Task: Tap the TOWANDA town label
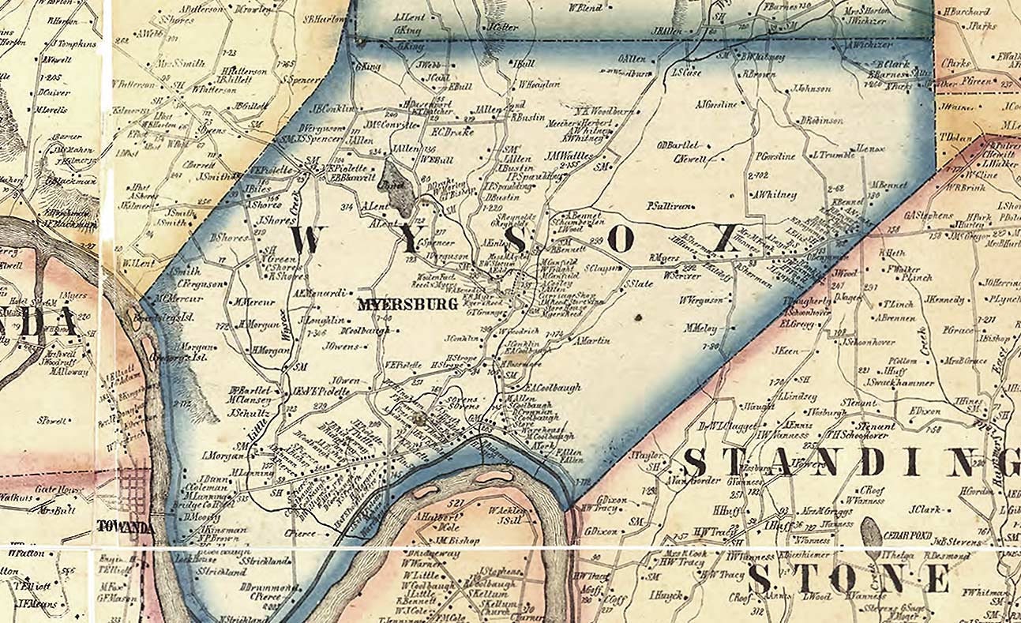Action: click(125, 527)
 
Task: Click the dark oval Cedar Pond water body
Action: click(871, 533)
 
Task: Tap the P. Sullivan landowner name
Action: click(670, 205)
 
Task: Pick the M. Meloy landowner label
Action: click(700, 327)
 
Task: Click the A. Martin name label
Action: click(593, 341)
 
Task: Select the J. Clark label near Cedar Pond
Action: click(924, 509)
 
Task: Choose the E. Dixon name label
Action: click(924, 411)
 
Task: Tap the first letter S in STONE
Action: click(759, 579)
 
